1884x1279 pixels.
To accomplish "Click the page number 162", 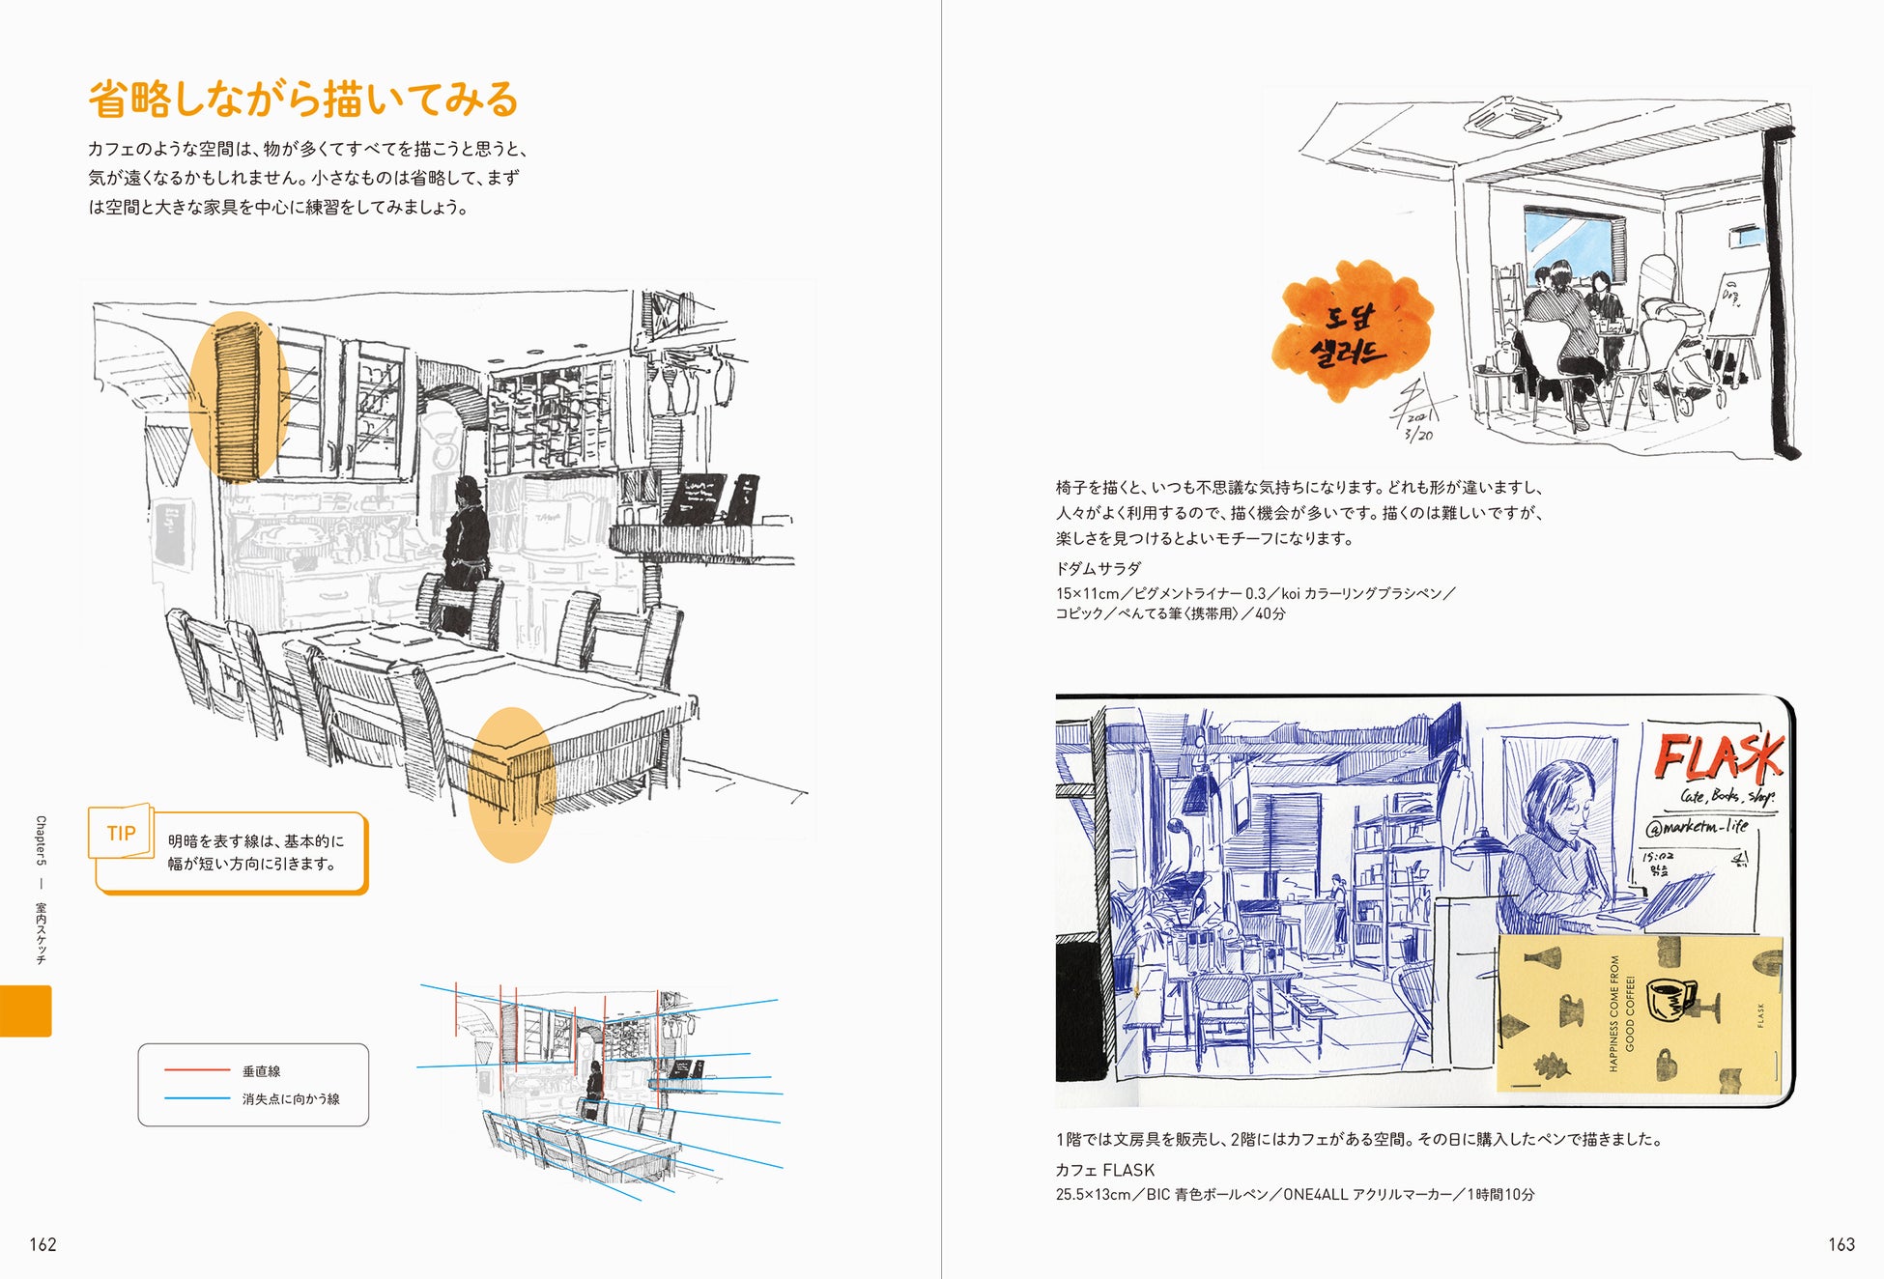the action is pos(43,1244).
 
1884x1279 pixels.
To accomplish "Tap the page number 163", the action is pos(1841,1244).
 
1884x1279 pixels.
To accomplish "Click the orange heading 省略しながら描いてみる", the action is pos(303,99).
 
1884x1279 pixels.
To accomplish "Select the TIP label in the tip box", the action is pos(121,833).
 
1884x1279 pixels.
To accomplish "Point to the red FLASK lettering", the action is pos(1718,756).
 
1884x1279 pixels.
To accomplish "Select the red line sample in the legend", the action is pos(196,1070).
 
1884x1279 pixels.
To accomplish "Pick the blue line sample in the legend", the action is pos(196,1098).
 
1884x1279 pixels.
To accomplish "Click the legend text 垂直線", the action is pos(261,1071).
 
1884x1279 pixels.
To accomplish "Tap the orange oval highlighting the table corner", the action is pos(511,784).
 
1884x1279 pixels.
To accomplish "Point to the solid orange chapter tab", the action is pos(25,1010).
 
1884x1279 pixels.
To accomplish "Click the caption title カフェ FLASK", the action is pos(1104,1170).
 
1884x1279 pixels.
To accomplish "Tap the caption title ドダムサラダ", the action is pos(1098,568).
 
